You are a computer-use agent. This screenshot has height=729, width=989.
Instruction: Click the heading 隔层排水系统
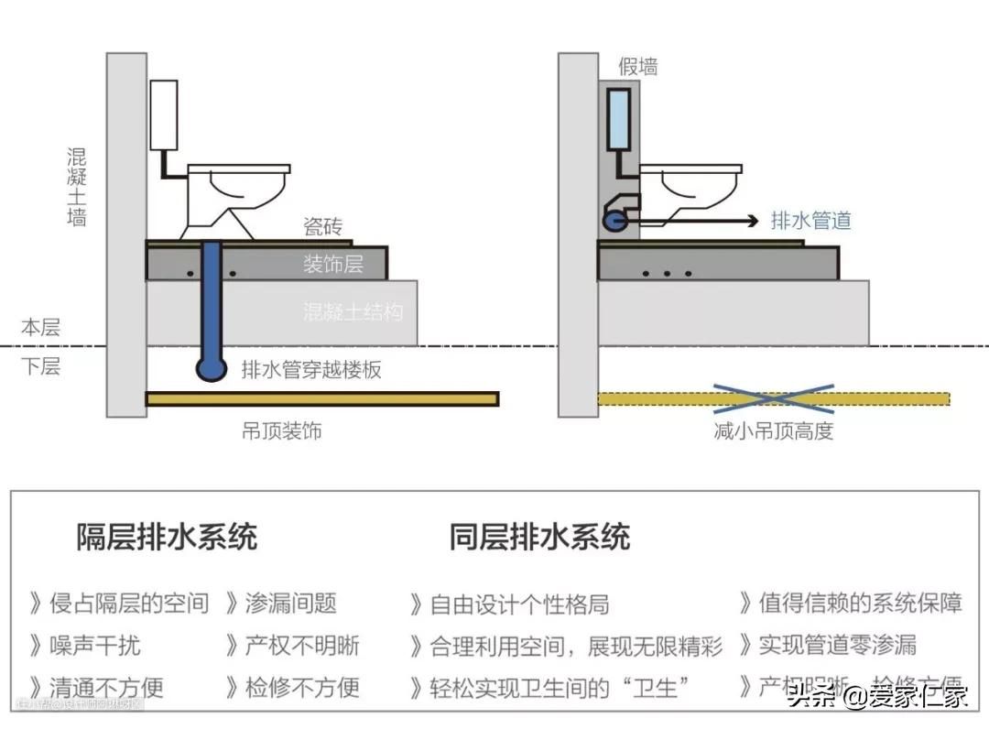coord(167,537)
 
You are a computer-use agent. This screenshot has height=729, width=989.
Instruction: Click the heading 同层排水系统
coord(539,537)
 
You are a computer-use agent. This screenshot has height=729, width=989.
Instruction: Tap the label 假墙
coord(638,66)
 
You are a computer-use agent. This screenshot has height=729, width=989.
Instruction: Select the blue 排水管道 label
coord(810,220)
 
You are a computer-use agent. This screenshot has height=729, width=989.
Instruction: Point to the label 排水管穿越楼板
coord(311,370)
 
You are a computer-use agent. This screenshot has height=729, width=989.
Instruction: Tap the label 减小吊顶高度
coord(774,430)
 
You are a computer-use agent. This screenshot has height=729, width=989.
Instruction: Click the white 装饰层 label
coord(333,265)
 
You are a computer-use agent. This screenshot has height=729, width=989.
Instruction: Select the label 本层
coord(40,327)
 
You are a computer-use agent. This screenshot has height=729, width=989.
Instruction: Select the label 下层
coord(40,367)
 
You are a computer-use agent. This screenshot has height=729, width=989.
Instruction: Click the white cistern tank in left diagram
coord(163,115)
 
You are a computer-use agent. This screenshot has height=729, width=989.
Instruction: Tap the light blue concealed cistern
coord(619,119)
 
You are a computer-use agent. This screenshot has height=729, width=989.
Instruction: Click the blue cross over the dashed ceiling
coord(774,398)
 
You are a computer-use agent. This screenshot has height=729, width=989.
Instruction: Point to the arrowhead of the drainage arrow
coord(753,221)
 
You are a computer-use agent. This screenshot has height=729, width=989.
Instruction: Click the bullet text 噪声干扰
coord(94,645)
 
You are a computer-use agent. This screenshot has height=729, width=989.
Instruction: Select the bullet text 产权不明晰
coord(302,645)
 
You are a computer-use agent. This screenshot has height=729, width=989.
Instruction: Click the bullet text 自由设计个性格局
coord(519,604)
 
